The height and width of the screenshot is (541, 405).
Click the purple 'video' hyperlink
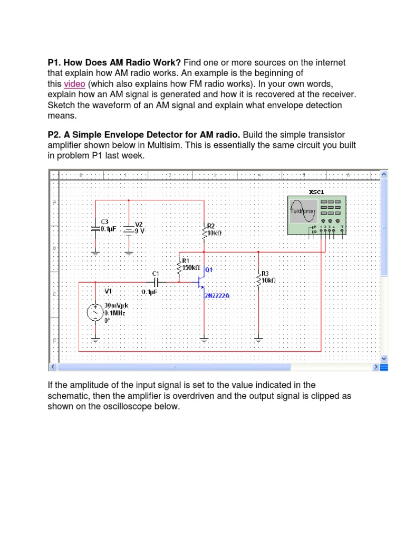[x=74, y=85]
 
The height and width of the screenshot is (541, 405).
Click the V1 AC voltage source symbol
[x=95, y=312]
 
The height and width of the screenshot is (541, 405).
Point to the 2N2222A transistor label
[x=217, y=296]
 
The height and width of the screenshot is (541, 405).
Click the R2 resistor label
[x=210, y=226]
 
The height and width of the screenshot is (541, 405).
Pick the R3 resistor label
[x=265, y=273]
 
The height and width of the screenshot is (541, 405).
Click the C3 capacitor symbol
[x=95, y=229]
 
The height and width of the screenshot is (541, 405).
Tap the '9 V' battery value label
[x=140, y=231]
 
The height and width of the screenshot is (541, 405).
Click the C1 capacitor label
[x=155, y=273]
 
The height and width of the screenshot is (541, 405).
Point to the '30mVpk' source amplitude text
[x=117, y=305]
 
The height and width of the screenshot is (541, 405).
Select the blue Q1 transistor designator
[x=208, y=269]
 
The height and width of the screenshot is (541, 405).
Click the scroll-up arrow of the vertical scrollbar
[x=383, y=174]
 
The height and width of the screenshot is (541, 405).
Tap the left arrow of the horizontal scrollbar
[x=52, y=367]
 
